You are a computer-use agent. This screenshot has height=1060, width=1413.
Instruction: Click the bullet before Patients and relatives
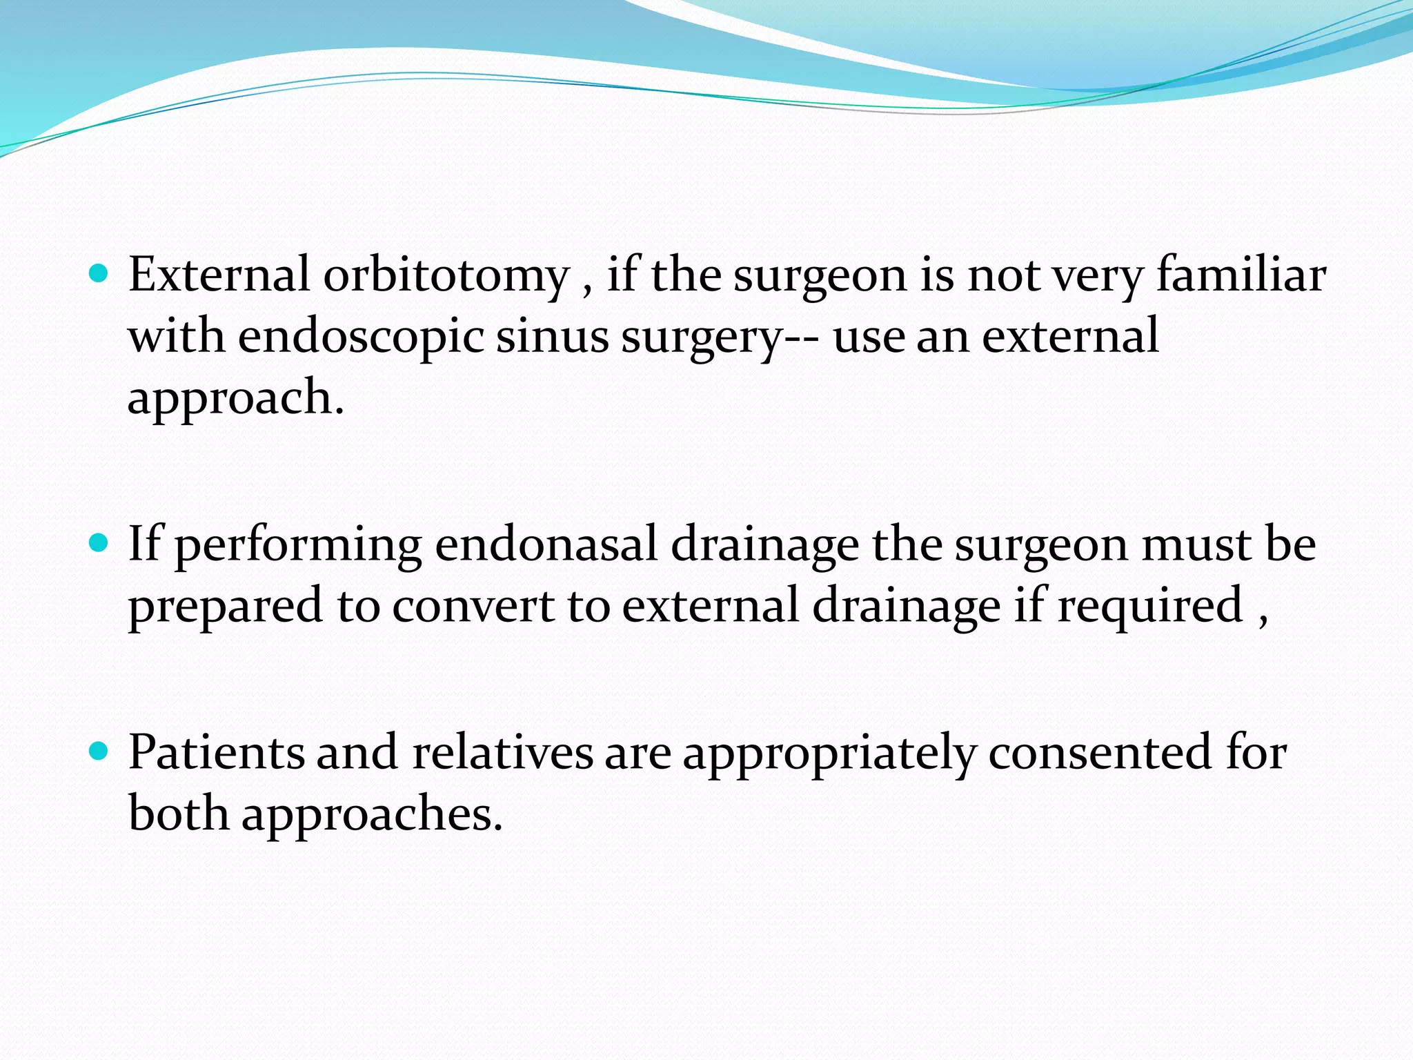[x=99, y=751]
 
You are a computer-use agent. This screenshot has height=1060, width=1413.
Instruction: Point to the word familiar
[x=1241, y=275]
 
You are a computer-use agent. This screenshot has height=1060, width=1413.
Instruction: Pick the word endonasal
[x=546, y=545]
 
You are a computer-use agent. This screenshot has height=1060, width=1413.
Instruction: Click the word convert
[x=473, y=606]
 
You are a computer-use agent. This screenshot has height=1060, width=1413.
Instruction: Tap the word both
[x=178, y=813]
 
